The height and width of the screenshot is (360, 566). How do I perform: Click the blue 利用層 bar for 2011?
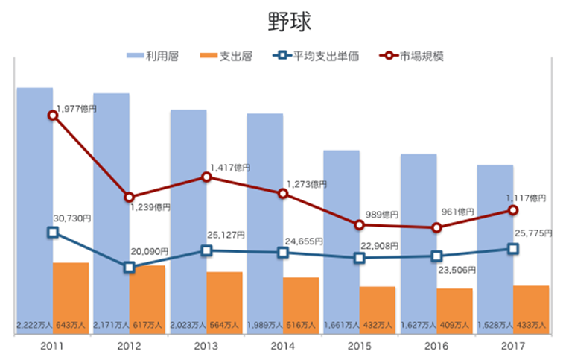pos(34,209)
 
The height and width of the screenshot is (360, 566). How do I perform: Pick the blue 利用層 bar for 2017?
pos(495,246)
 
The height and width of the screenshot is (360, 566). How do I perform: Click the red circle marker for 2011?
pos(52,116)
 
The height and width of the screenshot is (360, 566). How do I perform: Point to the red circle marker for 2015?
pos(359,225)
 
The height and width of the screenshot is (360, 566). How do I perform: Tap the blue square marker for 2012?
pos(129,267)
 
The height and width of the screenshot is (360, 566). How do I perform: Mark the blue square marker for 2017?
pos(513,249)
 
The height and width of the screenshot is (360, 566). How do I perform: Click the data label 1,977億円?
pos(77,109)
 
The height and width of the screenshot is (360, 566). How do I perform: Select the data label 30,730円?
pos(72,218)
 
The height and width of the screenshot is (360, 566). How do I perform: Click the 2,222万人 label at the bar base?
pos(34,325)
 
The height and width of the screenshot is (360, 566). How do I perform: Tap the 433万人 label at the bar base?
pos(531,325)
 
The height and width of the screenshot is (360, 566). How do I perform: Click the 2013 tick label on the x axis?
pos(206,346)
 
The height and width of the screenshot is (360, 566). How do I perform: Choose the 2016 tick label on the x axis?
pos(436,346)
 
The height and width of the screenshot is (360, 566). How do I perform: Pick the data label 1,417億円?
pos(230,168)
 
